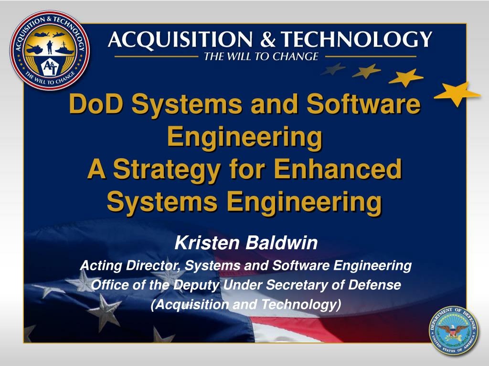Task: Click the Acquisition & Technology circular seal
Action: coord(50,50)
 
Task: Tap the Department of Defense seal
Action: coord(453,330)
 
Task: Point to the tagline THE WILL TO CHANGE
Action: coord(261,57)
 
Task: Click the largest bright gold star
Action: coord(457,92)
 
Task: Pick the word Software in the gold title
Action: coord(364,104)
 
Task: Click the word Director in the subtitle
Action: coord(154,265)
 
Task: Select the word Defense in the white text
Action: coord(374,285)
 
